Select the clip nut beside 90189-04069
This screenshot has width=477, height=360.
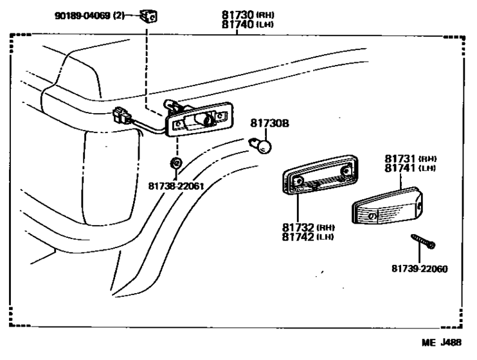150,15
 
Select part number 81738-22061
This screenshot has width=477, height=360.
175,187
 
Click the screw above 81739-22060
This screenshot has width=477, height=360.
423,241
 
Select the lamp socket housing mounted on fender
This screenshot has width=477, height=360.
198,120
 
